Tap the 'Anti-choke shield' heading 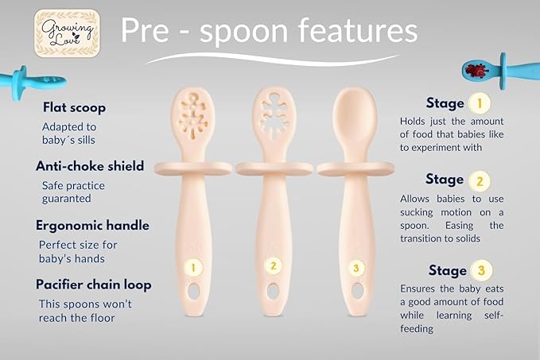(89, 166)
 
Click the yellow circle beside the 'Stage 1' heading (477, 103)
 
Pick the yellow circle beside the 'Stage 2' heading (478, 180)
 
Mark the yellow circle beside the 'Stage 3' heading (480, 270)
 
